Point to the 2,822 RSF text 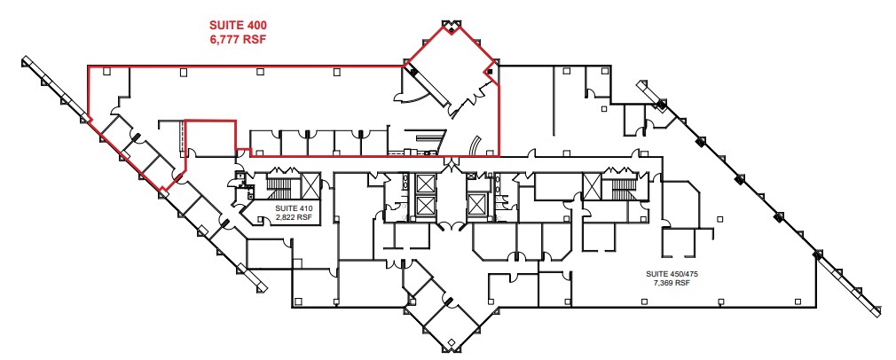click(x=293, y=215)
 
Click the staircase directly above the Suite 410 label click(x=286, y=186)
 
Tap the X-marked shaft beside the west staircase click(x=310, y=184)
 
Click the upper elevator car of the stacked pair click(x=425, y=184)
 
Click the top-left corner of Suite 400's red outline click(x=87, y=65)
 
